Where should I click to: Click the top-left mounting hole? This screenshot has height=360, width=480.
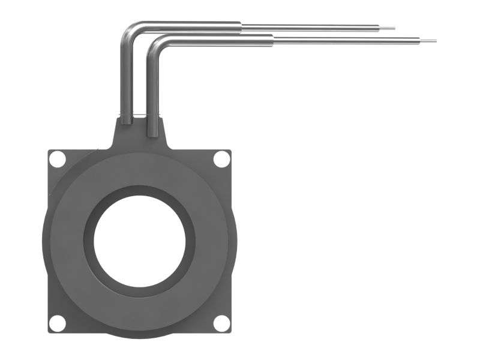click(57, 160)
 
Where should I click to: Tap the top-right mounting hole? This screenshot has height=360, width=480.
click(221, 159)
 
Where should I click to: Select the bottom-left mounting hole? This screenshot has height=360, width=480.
click(57, 323)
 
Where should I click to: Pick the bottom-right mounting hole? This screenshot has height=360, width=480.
click(221, 323)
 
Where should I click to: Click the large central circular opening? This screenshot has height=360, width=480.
click(139, 241)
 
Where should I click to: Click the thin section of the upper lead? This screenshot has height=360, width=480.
click(312, 27)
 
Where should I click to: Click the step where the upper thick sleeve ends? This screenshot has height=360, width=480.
click(241, 26)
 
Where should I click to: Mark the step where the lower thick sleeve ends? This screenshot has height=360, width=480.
click(274, 40)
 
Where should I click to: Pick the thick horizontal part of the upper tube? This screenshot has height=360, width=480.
click(192, 26)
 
